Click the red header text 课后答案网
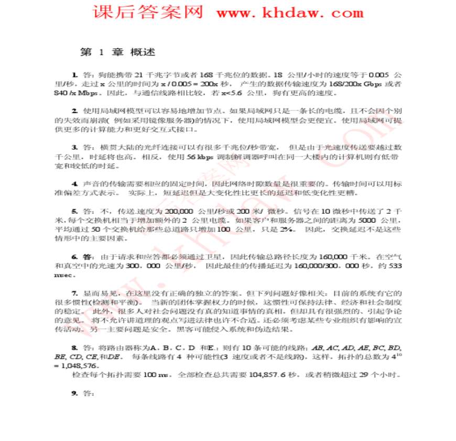pos(148,12)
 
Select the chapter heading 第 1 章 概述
pos(117,52)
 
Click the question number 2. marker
pos(75,111)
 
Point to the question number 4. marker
pos(75,183)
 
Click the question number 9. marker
pos(75,393)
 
